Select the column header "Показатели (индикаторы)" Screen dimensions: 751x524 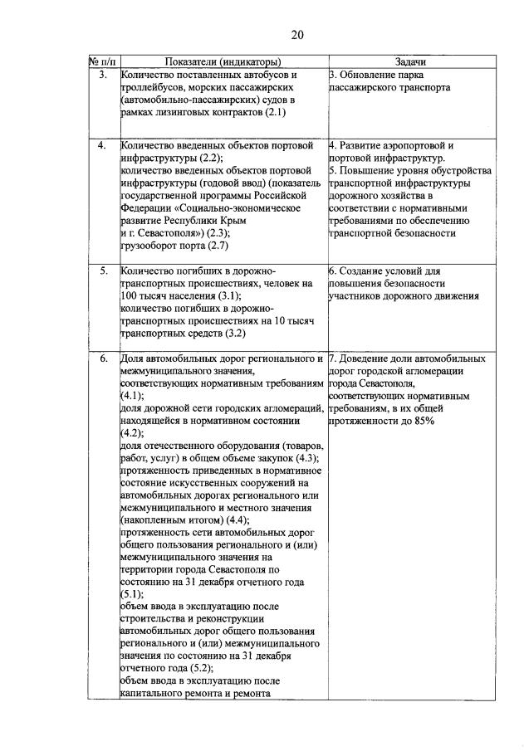pos(223,61)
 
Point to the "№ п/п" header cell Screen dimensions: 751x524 pos(101,61)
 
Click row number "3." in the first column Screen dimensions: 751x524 pos(102,75)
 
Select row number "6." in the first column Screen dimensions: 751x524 pos(102,359)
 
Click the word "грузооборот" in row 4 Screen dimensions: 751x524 pos(149,245)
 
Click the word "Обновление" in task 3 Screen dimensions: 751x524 pos(367,75)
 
